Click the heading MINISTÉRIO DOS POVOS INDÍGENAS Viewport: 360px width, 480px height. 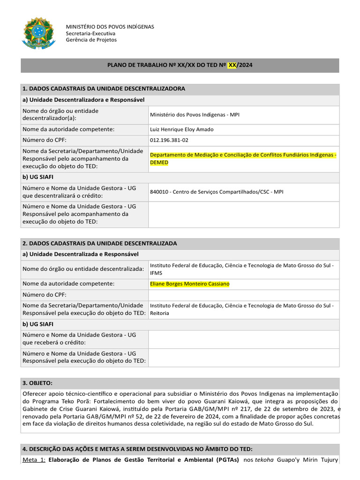pos(110,27)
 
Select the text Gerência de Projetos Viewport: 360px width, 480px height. pos(91,40)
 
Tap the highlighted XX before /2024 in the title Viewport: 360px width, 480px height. pos(232,65)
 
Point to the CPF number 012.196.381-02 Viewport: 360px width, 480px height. pos(169,140)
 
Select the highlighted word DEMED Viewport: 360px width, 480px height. pos(159,163)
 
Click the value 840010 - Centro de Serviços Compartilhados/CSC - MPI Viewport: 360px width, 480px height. pos(217,192)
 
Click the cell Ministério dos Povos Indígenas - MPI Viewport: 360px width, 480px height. pos(195,114)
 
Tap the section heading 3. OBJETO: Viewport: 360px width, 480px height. pos(37,383)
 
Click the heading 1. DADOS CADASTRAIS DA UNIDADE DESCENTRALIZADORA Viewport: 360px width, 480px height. pos(104,89)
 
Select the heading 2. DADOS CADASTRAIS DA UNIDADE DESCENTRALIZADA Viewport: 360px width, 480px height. pos(99,243)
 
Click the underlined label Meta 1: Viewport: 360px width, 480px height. pos(34,460)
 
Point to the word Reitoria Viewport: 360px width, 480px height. pos(159,313)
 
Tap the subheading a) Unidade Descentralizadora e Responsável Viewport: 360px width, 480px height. pos(83,100)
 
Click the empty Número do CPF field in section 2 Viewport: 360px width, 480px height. pos(243,295)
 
